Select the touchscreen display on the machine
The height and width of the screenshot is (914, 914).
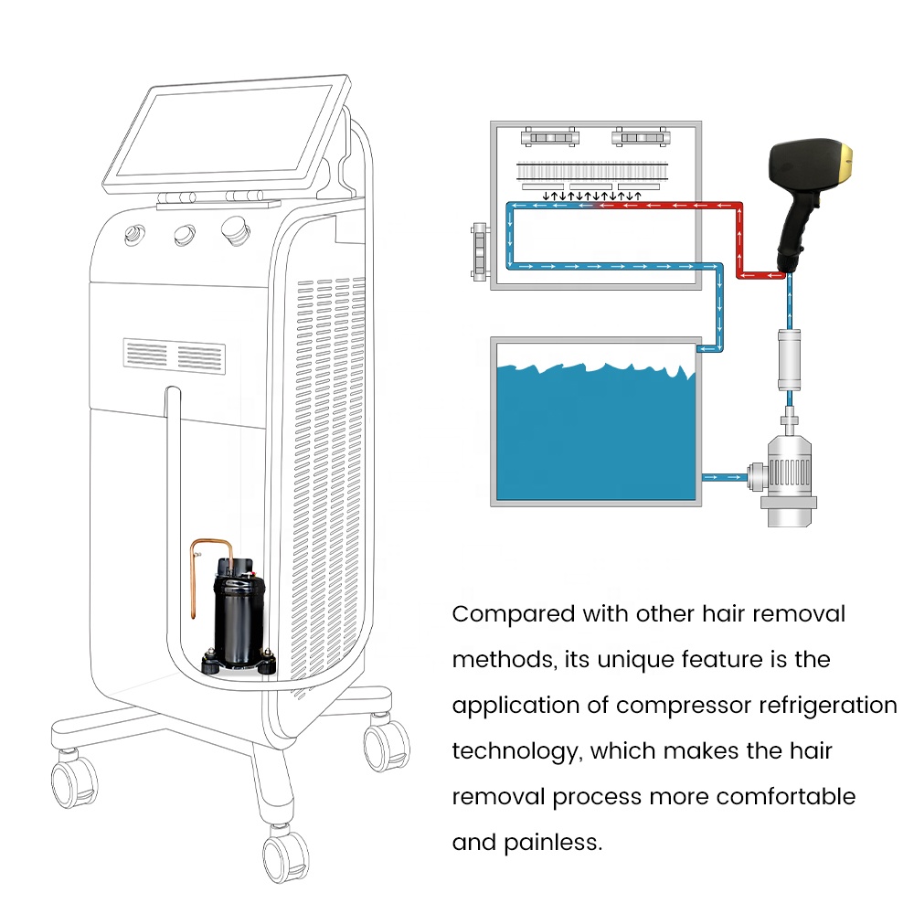pyautogui.click(x=224, y=135)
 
